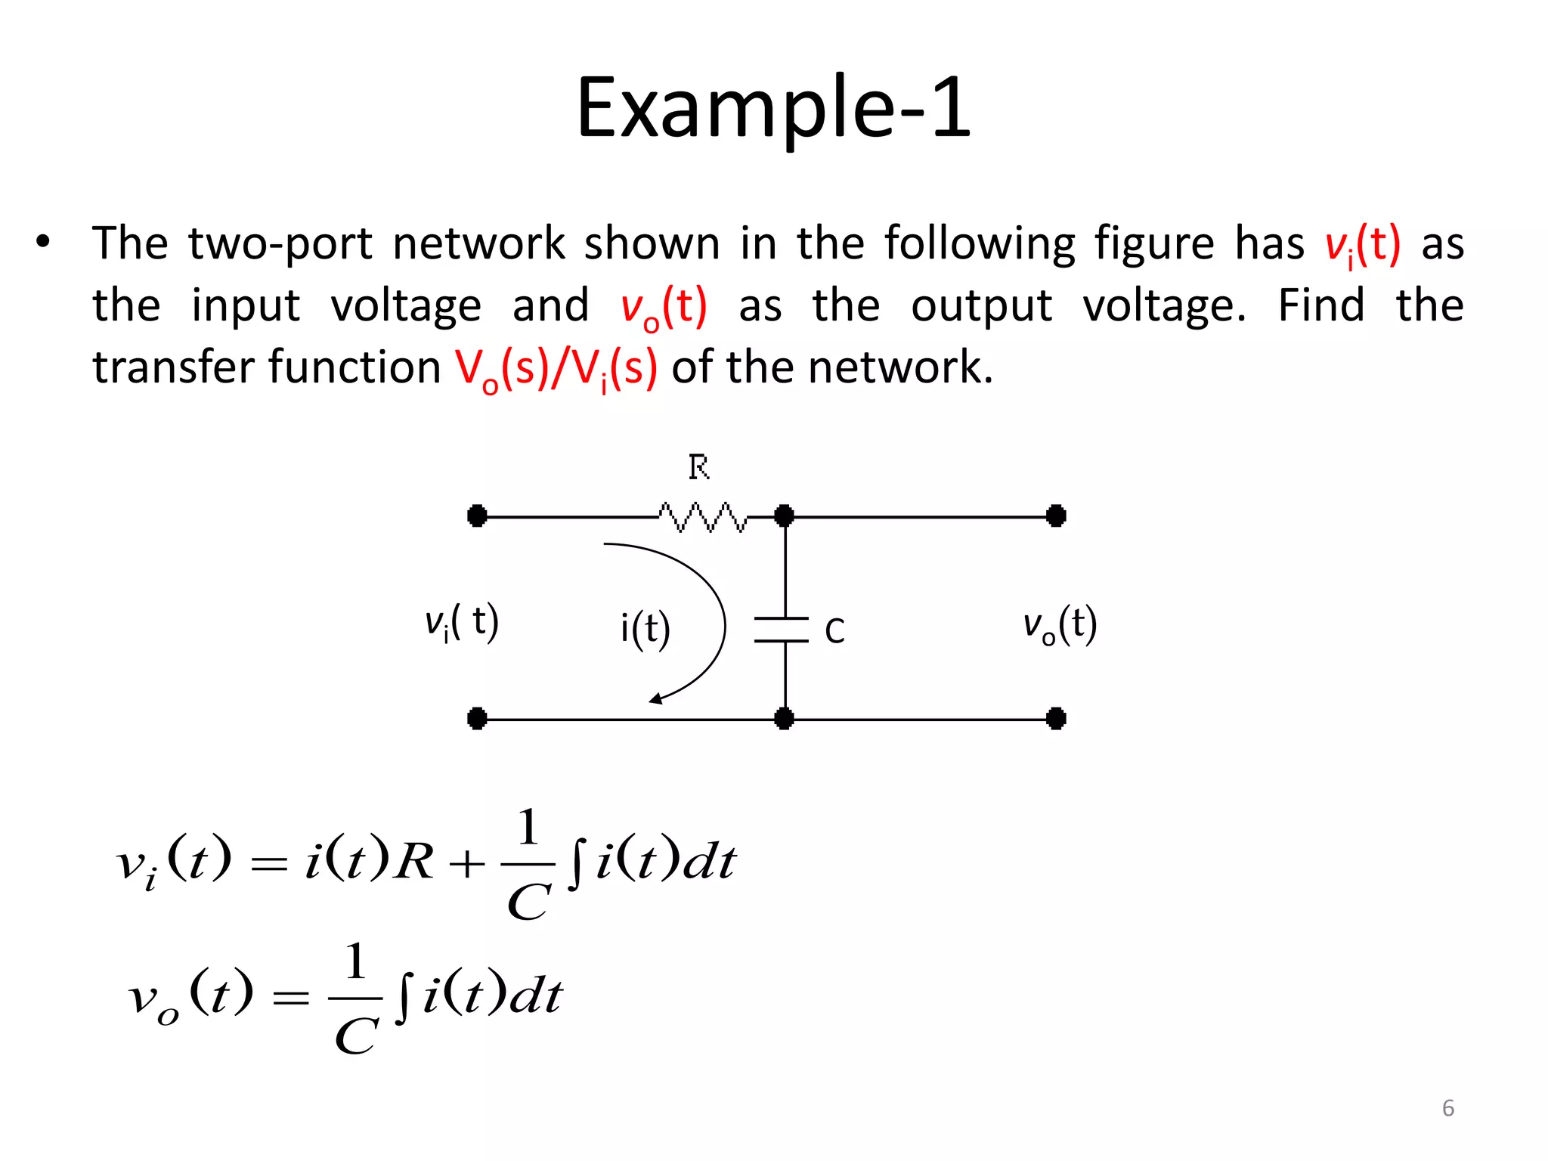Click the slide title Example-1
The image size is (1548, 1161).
773,108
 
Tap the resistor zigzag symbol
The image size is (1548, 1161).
702,517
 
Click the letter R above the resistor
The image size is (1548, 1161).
698,468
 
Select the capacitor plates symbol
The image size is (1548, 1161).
782,630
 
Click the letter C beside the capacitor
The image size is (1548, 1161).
834,631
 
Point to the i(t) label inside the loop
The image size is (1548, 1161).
645,629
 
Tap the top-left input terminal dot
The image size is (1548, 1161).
477,516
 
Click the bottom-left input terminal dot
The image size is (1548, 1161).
477,718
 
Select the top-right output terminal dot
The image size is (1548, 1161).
1056,516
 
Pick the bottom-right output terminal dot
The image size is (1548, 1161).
1056,718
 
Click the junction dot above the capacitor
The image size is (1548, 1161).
785,516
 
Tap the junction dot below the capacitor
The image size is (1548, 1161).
785,718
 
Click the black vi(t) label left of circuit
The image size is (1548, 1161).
462,623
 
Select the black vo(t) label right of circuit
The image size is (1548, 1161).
1060,626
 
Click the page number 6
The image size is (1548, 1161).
1448,1108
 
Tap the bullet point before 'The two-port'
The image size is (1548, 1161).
43,243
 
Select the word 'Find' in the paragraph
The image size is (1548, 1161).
1321,305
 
